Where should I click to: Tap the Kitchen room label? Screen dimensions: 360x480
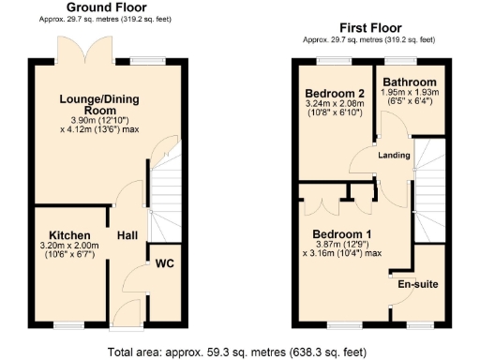(x=69, y=234)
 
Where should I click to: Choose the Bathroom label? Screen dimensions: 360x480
(x=409, y=82)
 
